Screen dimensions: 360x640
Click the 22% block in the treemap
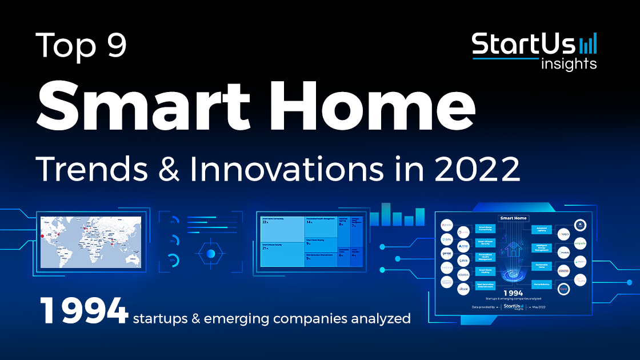pyautogui.click(x=282, y=229)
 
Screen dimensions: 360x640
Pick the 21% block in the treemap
pyautogui.click(x=282, y=255)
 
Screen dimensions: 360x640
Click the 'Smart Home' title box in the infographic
pyautogui.click(x=513, y=218)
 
